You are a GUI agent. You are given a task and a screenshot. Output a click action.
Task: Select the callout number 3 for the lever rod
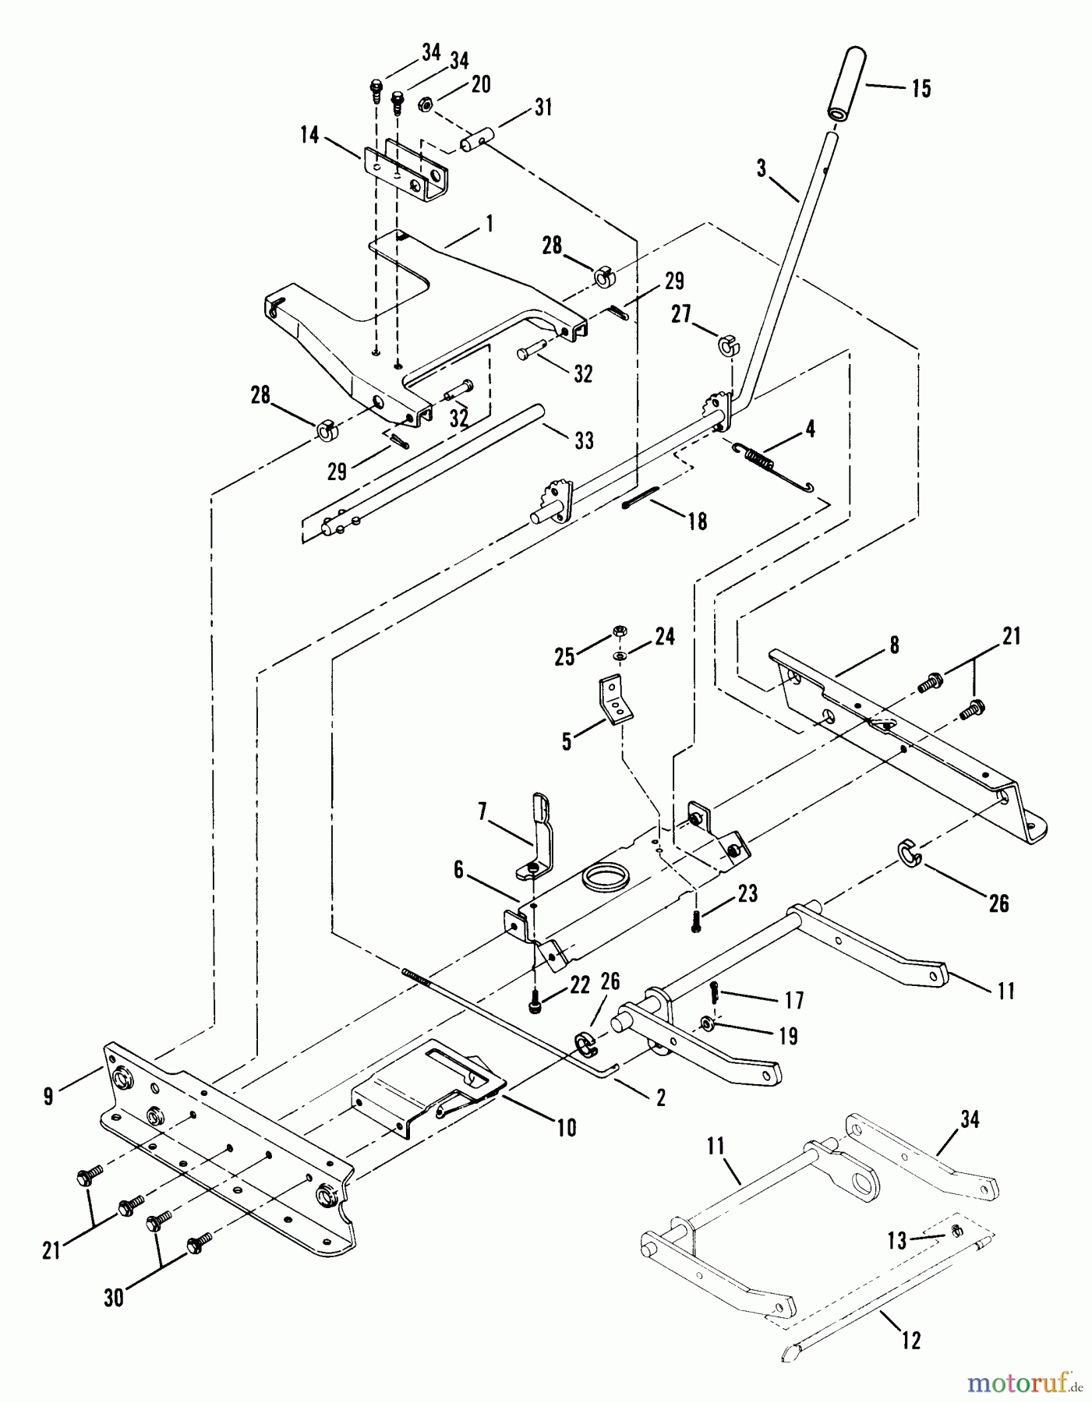point(762,168)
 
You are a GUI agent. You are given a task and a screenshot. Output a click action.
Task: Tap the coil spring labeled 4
point(755,458)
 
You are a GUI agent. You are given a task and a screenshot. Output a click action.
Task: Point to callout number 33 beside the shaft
point(583,440)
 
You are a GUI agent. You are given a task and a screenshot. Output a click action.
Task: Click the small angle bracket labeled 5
point(615,701)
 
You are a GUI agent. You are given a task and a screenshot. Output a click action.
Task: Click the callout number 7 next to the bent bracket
point(483,814)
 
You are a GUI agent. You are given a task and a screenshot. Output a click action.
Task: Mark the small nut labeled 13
point(956,1231)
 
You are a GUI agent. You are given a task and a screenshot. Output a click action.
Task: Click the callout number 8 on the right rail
point(894,645)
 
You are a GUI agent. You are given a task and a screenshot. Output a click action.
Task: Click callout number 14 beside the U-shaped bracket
point(309,136)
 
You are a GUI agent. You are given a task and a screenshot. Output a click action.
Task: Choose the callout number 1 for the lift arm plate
point(489,224)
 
